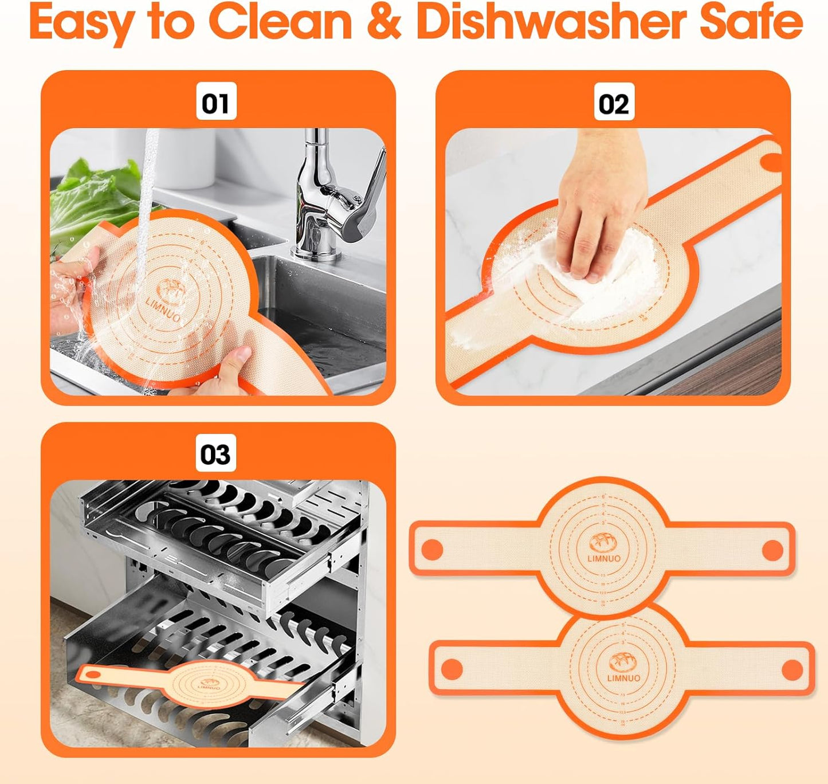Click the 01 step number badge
(x=216, y=103)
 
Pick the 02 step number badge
(x=614, y=103)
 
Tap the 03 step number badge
(x=215, y=453)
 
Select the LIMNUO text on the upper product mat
(x=603, y=558)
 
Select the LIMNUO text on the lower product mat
(x=623, y=679)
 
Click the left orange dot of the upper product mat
(x=433, y=550)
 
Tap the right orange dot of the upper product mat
(x=772, y=550)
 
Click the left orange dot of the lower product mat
(x=452, y=669)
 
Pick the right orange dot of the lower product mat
(x=792, y=669)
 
